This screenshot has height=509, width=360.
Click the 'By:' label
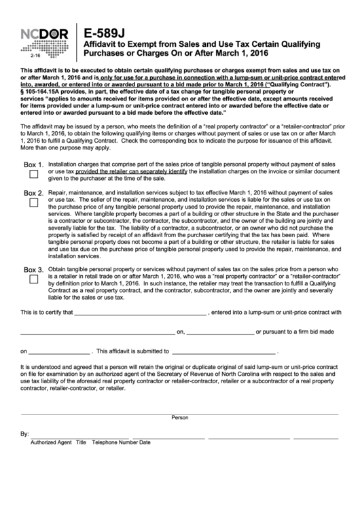coord(25,433)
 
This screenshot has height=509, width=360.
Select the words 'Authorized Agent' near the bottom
coord(52,442)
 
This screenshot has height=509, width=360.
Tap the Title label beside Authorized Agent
coord(82,442)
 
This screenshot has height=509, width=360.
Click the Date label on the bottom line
coord(145,442)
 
